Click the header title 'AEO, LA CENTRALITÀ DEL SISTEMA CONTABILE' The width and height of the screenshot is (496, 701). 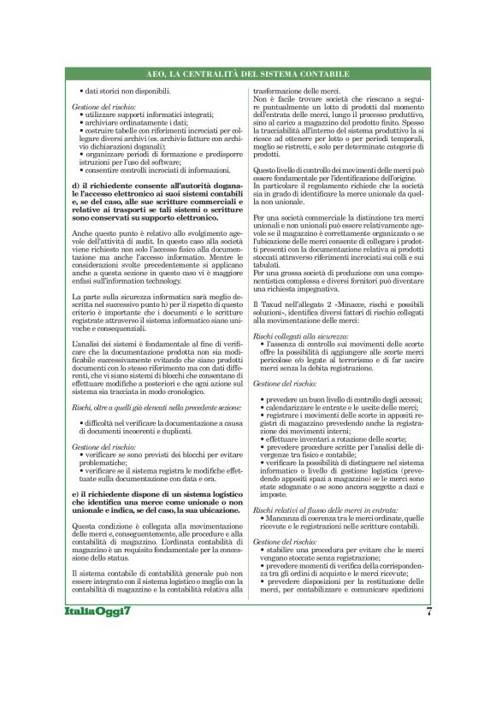click(247, 76)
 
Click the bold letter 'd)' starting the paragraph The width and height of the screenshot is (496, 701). click(78, 186)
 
